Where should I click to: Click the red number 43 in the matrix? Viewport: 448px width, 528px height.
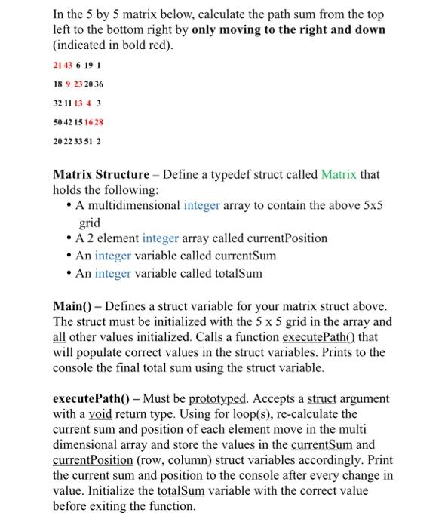coord(66,66)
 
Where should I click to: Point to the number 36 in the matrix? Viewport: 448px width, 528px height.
coord(98,84)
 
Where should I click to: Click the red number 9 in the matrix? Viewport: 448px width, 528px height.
coord(67,84)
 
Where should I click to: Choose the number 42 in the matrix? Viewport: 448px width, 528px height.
coord(68,121)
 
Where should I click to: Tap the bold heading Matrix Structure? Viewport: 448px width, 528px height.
coord(100,174)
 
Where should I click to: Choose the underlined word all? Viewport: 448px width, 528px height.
coord(60,337)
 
